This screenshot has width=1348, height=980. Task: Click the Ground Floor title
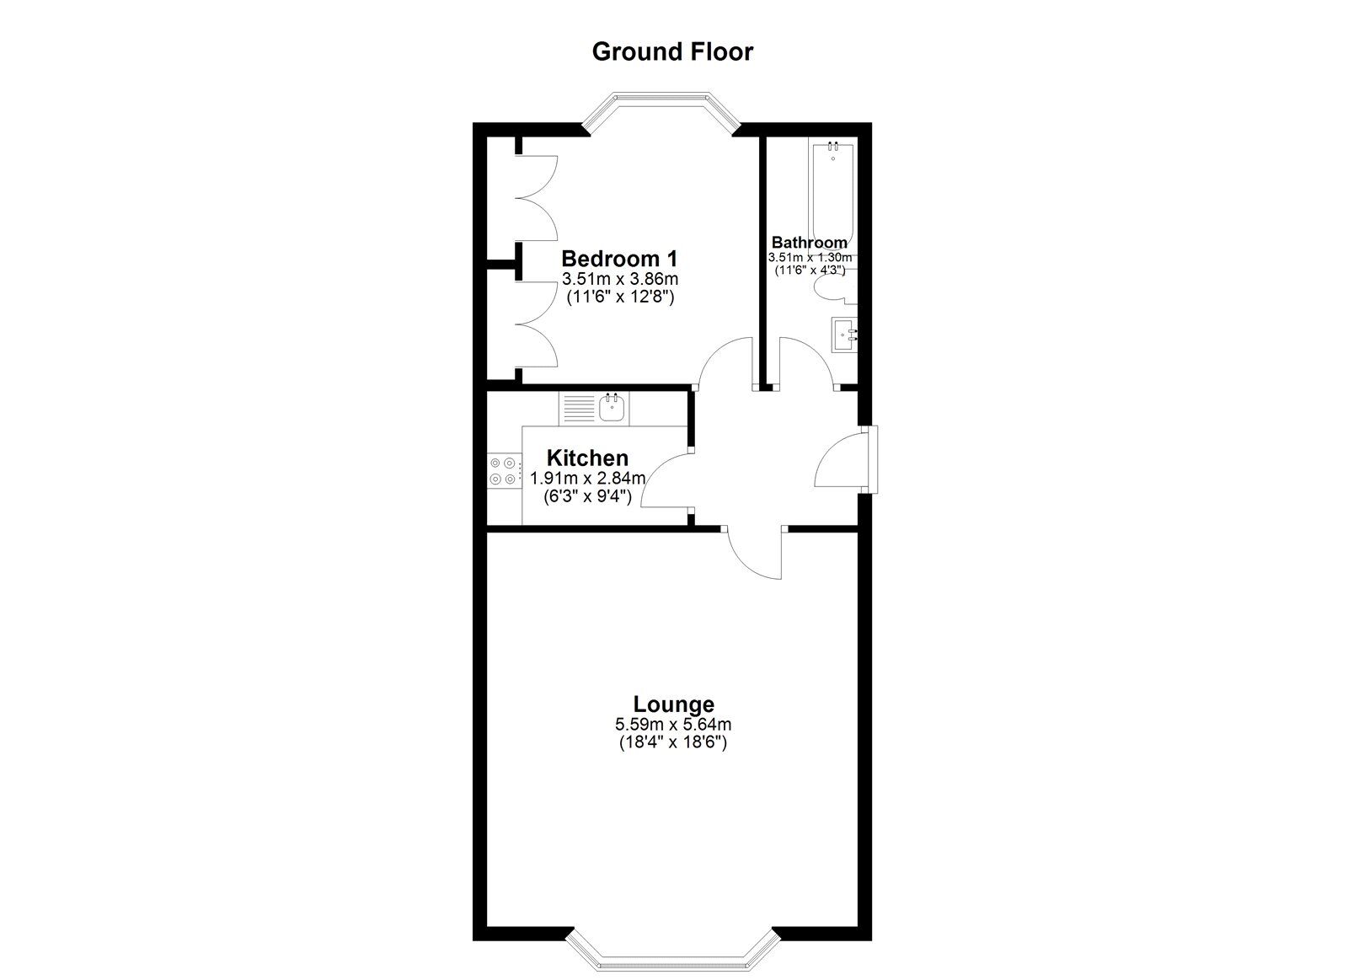coord(672,51)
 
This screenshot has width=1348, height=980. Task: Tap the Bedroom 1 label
coord(619,258)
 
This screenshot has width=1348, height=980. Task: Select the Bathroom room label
coord(809,243)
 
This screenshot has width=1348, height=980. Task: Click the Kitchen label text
coord(587,458)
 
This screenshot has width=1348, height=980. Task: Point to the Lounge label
coord(673,704)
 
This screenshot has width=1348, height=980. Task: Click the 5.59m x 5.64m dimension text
coord(673,724)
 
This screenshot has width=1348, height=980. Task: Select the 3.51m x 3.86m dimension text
coord(619,279)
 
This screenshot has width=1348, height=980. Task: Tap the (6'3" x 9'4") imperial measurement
coord(587,496)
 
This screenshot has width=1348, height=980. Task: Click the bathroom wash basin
coord(844,336)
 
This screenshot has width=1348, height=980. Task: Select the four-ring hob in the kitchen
coord(503,471)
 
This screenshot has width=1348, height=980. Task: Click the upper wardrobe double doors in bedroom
coord(537,200)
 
